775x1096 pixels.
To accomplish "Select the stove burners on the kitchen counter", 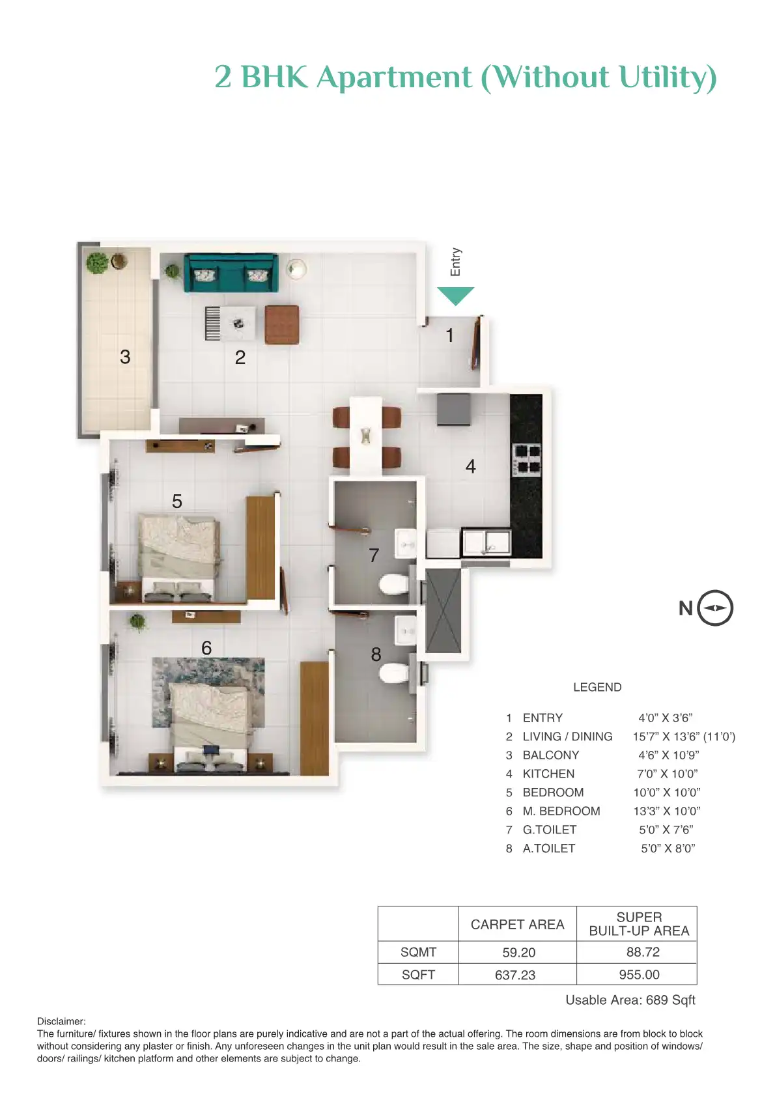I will tap(527, 459).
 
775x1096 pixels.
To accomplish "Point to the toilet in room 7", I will tap(393, 584).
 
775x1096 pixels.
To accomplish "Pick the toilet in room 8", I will tap(394, 673).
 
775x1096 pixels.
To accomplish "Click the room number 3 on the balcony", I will tap(125, 357).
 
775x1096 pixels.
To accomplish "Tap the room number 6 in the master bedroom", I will tap(206, 648).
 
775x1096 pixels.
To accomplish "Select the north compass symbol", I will tap(715, 608).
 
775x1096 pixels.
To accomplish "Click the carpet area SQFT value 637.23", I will tap(515, 975).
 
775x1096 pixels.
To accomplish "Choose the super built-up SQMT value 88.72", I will tap(643, 952).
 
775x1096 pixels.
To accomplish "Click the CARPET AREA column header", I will tap(517, 925).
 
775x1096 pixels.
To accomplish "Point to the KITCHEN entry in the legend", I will tap(548, 774).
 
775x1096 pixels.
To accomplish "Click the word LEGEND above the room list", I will tap(597, 687).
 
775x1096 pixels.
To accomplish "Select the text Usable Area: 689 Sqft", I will tap(630, 1000).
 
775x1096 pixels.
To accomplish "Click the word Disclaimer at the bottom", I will tap(61, 1021).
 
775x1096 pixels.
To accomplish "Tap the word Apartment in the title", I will tap(394, 77).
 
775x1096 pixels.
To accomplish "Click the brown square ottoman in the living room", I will tap(281, 324).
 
